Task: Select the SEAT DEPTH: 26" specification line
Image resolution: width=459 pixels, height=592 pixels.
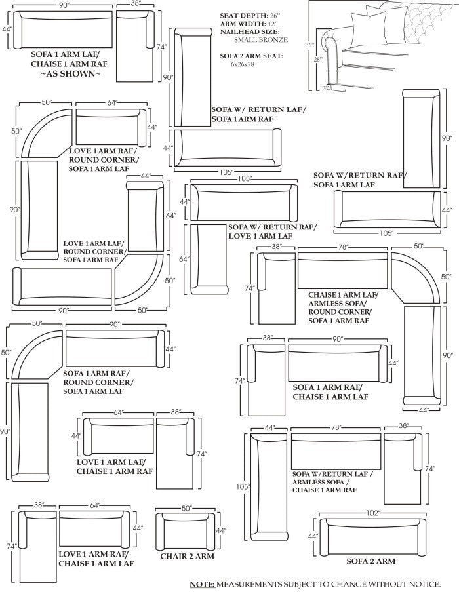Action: [x=251, y=15]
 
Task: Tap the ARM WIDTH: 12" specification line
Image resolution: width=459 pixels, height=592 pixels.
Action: [x=249, y=24]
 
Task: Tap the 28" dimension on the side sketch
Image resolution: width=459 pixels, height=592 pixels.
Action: [x=319, y=60]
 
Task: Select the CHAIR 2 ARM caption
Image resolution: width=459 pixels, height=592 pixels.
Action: [x=188, y=557]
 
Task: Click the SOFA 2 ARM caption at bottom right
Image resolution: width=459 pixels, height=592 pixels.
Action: [x=371, y=561]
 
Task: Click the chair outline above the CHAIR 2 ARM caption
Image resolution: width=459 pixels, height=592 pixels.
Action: [x=188, y=531]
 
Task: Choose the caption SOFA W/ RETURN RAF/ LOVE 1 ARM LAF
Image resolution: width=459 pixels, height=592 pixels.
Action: [x=271, y=231]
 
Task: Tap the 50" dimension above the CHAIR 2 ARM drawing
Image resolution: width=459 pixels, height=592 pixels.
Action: [x=187, y=508]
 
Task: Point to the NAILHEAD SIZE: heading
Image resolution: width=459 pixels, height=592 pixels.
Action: [x=250, y=31]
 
